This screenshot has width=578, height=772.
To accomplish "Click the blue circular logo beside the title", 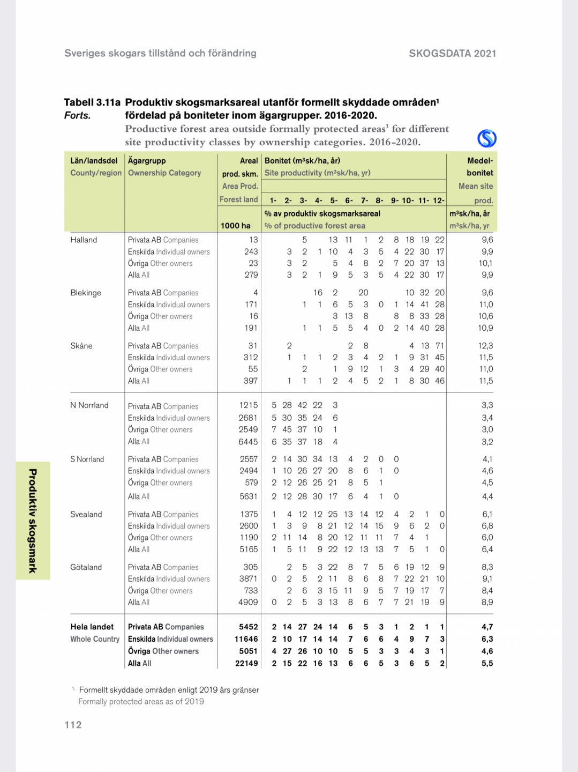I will (486, 138).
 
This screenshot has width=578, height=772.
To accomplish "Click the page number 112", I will (73, 725).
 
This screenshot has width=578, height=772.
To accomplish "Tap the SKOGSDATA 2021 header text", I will (452, 53).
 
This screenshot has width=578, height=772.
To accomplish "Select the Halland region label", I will (84, 240).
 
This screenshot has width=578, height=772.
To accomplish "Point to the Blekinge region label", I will (86, 293).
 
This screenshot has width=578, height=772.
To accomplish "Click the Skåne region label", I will (81, 346).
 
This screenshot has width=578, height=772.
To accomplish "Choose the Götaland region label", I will (86, 567).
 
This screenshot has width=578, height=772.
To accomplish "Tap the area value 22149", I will (246, 663).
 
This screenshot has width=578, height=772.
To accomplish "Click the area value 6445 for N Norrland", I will (248, 442).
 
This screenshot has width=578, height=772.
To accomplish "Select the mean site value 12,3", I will (486, 346).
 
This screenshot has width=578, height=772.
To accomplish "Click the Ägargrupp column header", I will (147, 160).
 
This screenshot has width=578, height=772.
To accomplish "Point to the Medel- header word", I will (480, 160).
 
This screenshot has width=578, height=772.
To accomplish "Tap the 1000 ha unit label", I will (236, 226).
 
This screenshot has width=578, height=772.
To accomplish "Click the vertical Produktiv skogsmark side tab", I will (33, 521).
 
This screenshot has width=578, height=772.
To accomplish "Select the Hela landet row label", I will (92, 627).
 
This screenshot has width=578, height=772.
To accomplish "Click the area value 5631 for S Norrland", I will (249, 496).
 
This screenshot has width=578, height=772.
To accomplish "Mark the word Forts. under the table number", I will (78, 115).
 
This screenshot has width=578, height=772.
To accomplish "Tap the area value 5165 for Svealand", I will (249, 550).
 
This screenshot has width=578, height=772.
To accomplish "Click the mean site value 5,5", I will (487, 663).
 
